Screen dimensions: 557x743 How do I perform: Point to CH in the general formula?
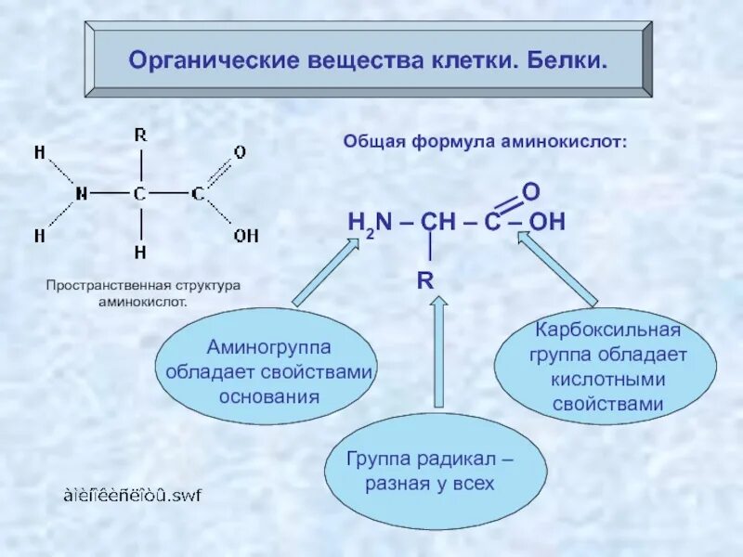point(436,223)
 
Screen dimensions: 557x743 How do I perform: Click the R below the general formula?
point(425,279)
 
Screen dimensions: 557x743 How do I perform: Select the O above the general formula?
point(531,191)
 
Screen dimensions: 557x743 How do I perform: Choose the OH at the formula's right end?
point(547,223)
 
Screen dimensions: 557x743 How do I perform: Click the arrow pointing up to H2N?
point(326,272)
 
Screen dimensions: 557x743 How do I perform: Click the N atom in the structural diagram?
point(82,194)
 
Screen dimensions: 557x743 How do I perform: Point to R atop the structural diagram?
point(140,135)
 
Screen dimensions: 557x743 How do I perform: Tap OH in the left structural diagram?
point(246,236)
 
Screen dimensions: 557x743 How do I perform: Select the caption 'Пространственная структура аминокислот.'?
point(144,293)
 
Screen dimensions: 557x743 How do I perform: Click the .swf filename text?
point(133,495)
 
